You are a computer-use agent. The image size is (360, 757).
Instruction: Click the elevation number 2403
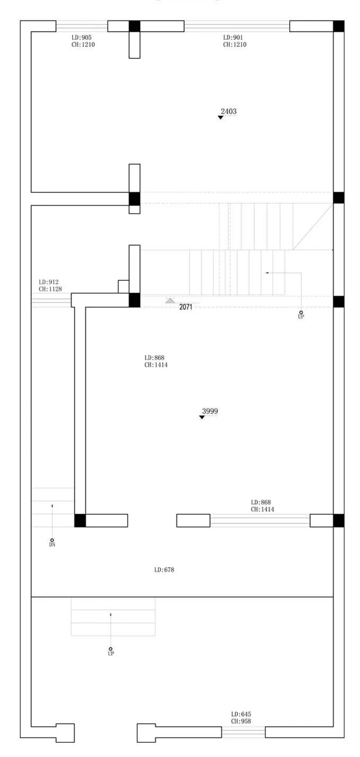pyautogui.click(x=229, y=111)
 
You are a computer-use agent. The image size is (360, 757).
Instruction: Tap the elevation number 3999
pyautogui.click(x=210, y=411)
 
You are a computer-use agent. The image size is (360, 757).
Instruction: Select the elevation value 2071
pyautogui.click(x=186, y=307)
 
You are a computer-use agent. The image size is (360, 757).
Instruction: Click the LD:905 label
pyautogui.click(x=82, y=38)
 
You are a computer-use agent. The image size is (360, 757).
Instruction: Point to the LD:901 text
pyautogui.click(x=233, y=38)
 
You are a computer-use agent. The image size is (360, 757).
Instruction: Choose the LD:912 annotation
pyautogui.click(x=49, y=282)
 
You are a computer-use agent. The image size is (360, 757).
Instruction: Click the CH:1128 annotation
pyautogui.click(x=50, y=289)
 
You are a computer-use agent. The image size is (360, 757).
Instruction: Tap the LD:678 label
pyautogui.click(x=164, y=569)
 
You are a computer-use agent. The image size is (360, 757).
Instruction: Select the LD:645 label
pyautogui.click(x=241, y=714)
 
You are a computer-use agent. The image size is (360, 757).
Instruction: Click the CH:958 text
pyautogui.click(x=241, y=721)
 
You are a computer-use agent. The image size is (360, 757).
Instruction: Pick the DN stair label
pyautogui.click(x=52, y=545)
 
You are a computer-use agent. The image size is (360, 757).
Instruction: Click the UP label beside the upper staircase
pyautogui.click(x=301, y=317)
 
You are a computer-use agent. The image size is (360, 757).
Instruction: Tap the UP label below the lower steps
pyautogui.click(x=111, y=654)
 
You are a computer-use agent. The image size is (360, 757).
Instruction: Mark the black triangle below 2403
pyautogui.click(x=220, y=117)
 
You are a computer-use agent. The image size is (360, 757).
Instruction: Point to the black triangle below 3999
pyautogui.click(x=202, y=417)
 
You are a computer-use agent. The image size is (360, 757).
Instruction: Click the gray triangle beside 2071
pyautogui.click(x=170, y=300)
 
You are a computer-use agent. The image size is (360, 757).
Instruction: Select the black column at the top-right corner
pyautogui.click(x=339, y=26)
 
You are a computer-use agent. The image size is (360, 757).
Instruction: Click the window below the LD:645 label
pyautogui.click(x=243, y=732)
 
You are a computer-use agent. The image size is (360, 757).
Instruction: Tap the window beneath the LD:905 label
pyautogui.click(x=82, y=26)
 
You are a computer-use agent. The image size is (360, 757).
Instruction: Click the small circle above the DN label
pyautogui.click(x=52, y=540)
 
